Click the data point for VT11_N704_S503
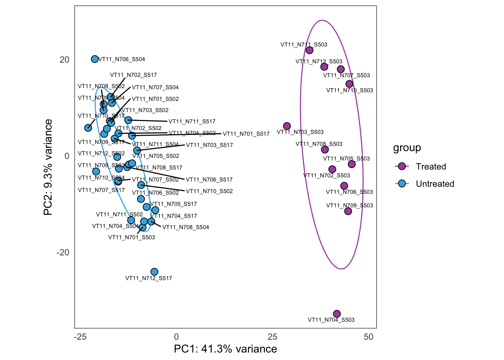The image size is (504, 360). (337, 314)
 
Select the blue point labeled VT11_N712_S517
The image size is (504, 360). (154, 272)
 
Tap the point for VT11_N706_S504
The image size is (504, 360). (95, 59)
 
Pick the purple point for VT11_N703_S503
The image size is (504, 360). (287, 126)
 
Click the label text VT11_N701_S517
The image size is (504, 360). (246, 134)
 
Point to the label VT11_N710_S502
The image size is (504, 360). (209, 191)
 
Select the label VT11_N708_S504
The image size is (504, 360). (186, 227)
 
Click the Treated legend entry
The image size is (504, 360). (430, 166)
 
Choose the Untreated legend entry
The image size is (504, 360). (435, 184)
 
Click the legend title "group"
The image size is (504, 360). (407, 148)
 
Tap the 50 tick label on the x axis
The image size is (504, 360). (369, 337)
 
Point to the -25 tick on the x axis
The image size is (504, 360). (80, 337)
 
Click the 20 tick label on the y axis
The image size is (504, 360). (64, 60)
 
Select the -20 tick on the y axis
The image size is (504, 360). (63, 252)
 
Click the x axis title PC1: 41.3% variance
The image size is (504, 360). (225, 349)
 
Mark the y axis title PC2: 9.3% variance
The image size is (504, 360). (48, 167)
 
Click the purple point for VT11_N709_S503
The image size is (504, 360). (348, 211)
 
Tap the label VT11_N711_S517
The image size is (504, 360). (192, 121)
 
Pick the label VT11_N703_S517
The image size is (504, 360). (209, 145)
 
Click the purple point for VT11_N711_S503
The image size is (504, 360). (309, 50)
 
